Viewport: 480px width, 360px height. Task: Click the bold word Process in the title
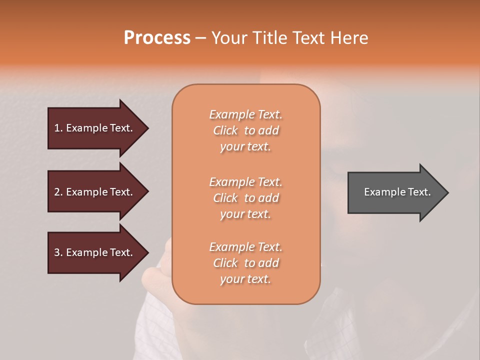click(x=157, y=38)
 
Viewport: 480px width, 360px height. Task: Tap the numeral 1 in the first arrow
click(x=57, y=128)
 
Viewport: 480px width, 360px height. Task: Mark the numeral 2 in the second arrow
click(x=57, y=192)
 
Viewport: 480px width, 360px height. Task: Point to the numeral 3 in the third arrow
click(x=57, y=252)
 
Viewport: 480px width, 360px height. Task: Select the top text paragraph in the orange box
click(x=245, y=130)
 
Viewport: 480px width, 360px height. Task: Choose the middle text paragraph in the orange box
click(x=245, y=198)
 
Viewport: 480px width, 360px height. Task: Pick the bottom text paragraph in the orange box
click(x=245, y=263)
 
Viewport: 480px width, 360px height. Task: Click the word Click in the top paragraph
click(x=225, y=130)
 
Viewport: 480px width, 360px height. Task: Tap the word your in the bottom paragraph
click(x=231, y=279)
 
